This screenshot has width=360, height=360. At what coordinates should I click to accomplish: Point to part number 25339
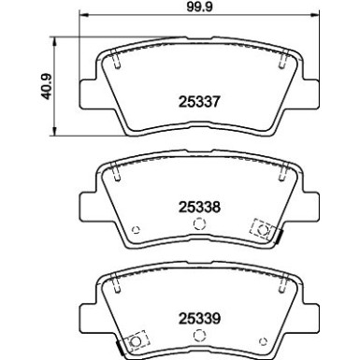198,316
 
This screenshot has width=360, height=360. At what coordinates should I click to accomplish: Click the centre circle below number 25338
197,223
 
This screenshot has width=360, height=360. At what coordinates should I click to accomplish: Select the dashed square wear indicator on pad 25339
137,341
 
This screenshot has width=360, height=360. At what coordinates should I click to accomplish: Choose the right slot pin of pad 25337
281,63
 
